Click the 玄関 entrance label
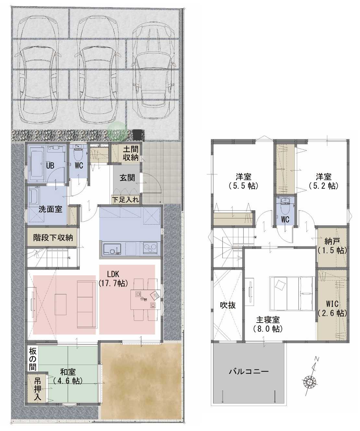coord(127,178)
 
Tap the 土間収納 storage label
coord(131,154)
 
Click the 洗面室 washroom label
coord(50,209)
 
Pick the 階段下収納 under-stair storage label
coord(53,238)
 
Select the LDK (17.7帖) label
coord(113,279)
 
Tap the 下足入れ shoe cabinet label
coord(125,200)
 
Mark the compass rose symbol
coord(310,382)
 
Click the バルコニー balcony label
coord(249,372)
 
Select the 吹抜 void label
coord(228,305)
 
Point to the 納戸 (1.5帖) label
coord(332,246)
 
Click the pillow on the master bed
coord(279,286)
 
